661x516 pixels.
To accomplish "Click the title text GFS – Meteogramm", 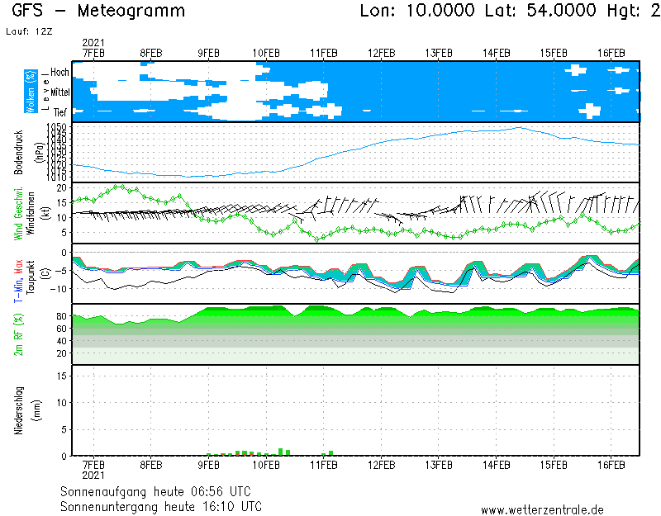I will click(99, 12).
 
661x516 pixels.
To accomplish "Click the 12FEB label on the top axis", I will click(381, 53).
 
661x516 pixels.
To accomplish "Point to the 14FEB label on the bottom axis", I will click(496, 465).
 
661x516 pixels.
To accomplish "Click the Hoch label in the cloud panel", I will click(59, 73).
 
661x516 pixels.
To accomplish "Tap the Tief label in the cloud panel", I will click(60, 111).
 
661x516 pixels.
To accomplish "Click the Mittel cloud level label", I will click(59, 92).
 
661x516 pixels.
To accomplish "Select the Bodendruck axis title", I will click(19, 152).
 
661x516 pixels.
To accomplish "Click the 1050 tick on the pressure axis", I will click(56, 127).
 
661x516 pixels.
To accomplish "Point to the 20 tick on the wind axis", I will click(60, 187).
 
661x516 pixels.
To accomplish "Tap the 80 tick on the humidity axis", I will click(60, 316).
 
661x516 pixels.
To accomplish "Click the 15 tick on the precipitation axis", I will click(61, 376).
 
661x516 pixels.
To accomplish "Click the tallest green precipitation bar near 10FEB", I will click(281, 452).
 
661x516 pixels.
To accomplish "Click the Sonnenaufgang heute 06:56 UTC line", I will click(161, 491).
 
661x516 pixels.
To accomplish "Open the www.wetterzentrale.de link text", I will click(542, 510).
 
